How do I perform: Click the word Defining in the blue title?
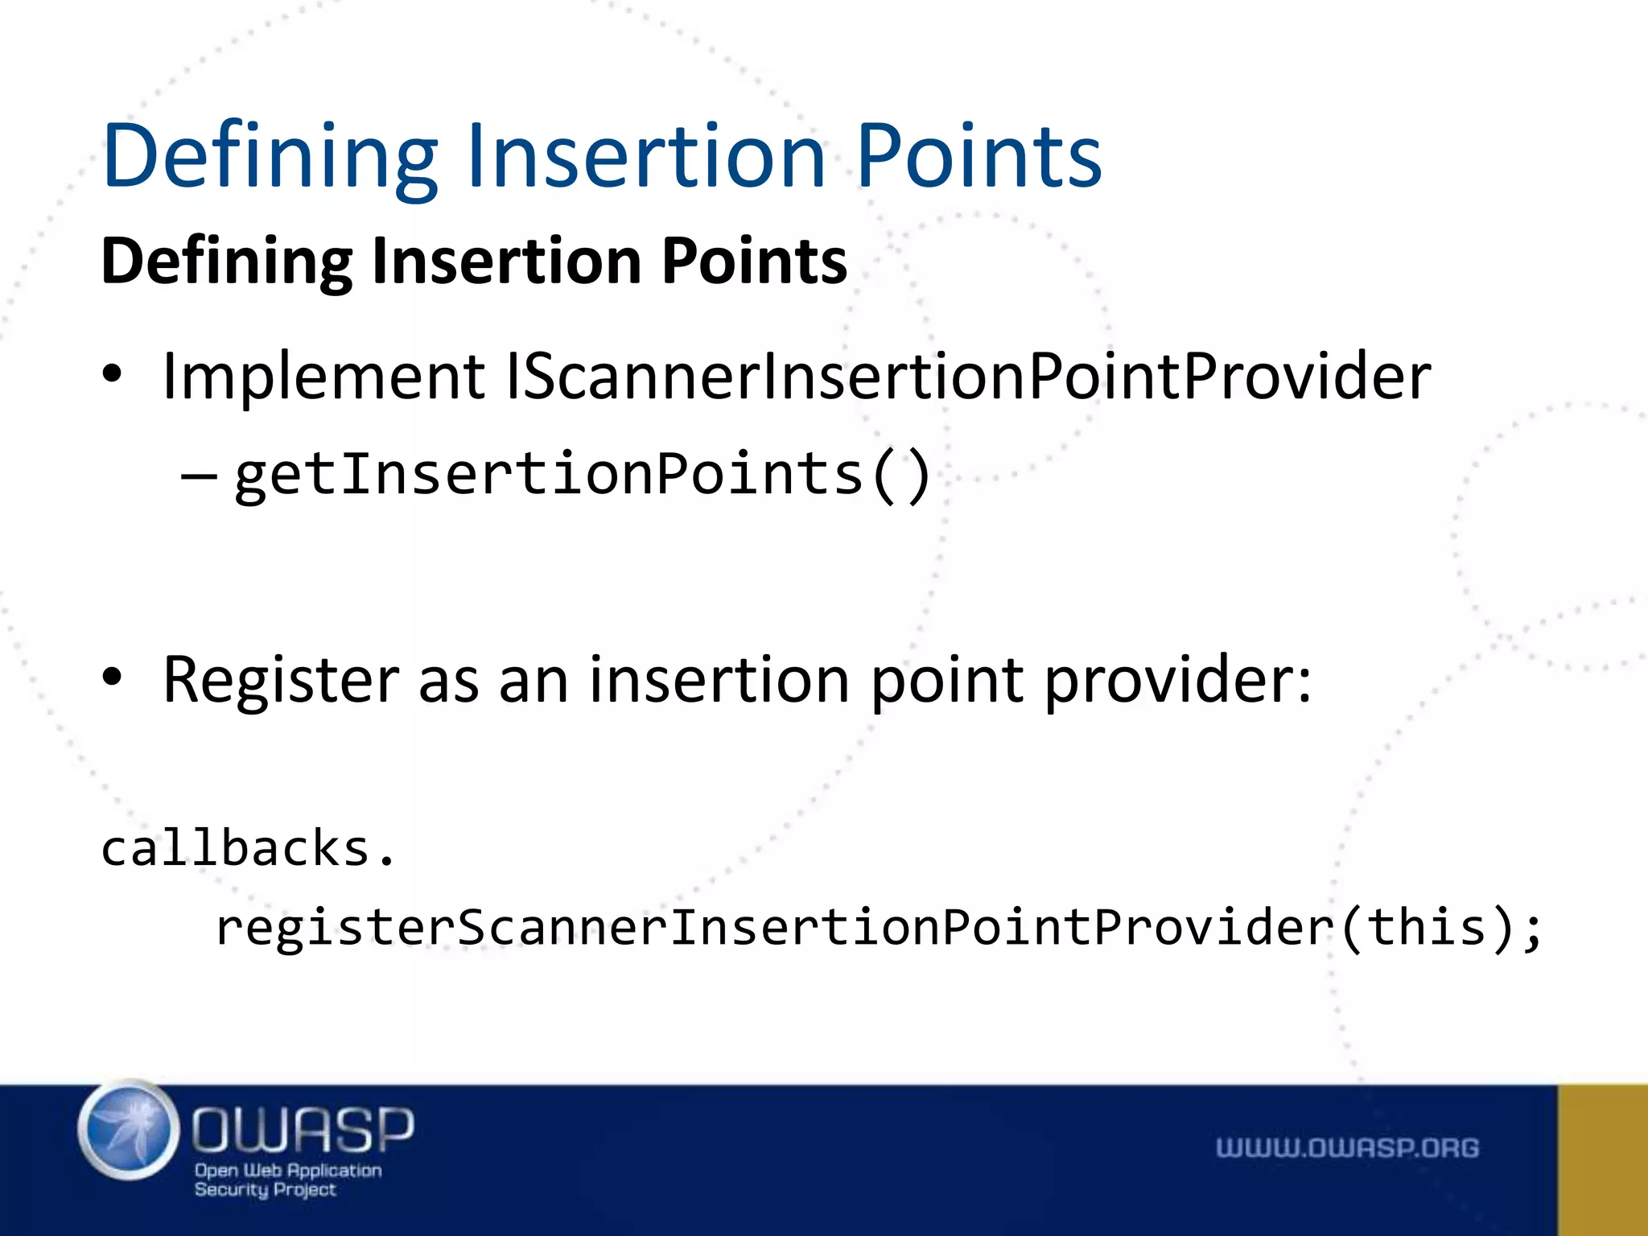point(270,157)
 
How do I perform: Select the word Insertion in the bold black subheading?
point(506,262)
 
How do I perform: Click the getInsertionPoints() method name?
point(582,475)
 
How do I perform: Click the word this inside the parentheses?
point(1426,927)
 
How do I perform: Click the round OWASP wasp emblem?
point(129,1131)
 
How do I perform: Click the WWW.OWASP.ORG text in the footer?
point(1346,1147)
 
